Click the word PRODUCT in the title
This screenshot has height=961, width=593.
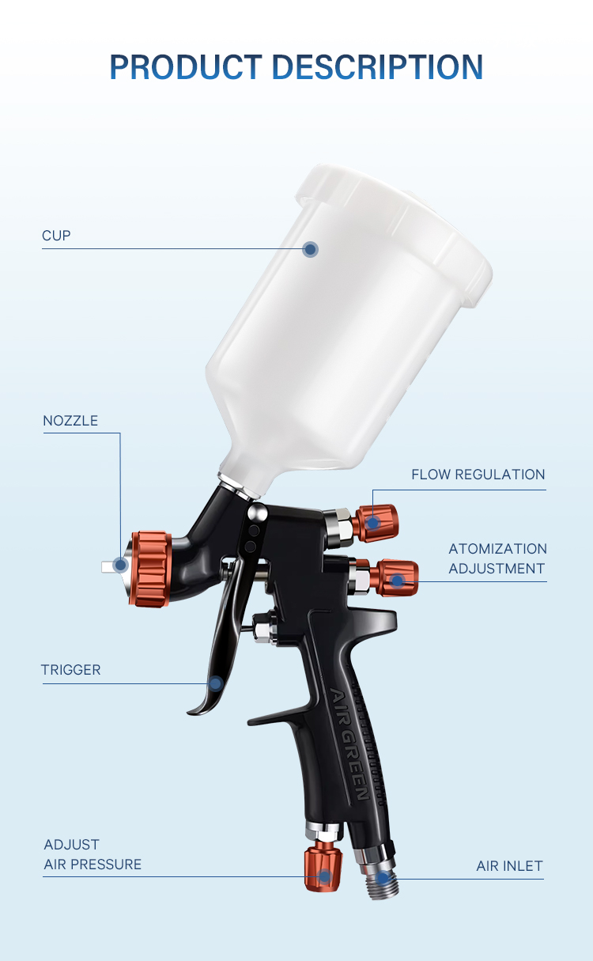point(186,67)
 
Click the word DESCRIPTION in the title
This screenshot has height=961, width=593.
point(378,67)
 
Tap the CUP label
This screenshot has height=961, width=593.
point(56,236)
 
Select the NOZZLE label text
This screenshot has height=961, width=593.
point(70,421)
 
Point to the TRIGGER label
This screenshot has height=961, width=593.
point(70,670)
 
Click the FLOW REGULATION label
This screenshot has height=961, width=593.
point(478,475)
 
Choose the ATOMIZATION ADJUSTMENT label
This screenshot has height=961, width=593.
point(497,558)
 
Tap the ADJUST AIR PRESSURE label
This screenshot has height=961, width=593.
point(93,854)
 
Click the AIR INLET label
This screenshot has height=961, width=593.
point(510,866)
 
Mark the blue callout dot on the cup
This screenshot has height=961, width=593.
point(310,249)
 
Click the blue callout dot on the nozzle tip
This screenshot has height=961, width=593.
point(120,566)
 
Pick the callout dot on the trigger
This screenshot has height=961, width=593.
point(216,683)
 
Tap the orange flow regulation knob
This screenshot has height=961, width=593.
point(376,524)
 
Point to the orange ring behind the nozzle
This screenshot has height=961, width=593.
point(151,569)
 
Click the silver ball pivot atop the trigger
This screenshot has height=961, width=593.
point(258,513)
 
